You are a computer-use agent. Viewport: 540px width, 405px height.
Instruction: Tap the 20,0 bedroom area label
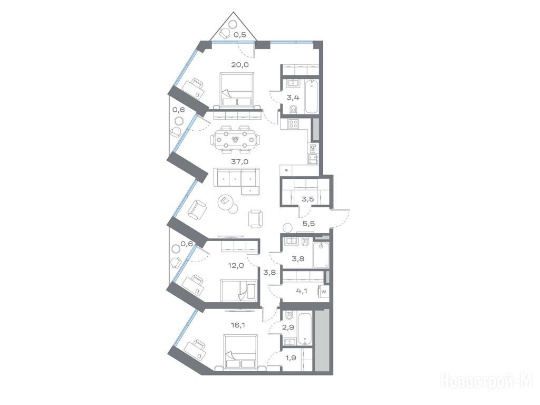point(240,64)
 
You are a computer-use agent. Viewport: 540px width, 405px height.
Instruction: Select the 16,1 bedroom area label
point(238,324)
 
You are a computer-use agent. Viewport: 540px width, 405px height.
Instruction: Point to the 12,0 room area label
point(236,265)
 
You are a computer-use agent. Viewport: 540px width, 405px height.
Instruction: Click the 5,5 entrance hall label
point(308,223)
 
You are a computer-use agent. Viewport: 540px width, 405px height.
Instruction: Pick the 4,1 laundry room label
point(301,291)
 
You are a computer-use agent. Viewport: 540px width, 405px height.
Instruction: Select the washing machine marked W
point(324,291)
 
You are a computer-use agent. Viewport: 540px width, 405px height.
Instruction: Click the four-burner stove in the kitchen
point(293,124)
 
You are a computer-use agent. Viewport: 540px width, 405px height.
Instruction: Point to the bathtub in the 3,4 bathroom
point(312,97)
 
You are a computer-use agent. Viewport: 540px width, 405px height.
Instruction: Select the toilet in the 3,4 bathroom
point(294,109)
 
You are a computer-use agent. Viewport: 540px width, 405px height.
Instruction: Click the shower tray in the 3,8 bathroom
point(321,255)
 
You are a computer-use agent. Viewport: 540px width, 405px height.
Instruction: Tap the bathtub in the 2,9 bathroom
point(305,329)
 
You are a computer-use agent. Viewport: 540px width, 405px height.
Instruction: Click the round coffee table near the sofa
point(226,201)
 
